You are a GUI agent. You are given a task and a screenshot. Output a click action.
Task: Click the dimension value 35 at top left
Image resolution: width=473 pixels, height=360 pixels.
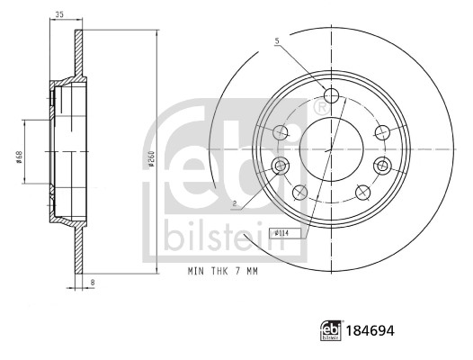tap(59, 14)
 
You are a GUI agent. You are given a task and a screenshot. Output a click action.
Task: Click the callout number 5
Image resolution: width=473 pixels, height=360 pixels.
tap(277, 40)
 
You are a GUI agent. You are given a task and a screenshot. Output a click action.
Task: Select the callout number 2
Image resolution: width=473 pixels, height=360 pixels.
tap(234, 204)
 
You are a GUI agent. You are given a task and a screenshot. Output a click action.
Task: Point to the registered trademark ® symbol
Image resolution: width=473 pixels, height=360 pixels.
tap(319, 107)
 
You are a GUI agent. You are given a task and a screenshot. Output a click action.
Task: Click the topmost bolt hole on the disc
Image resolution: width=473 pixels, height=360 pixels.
tap(330, 96)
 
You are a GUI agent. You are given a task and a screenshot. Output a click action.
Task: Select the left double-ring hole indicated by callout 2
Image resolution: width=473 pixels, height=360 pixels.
tap(280, 166)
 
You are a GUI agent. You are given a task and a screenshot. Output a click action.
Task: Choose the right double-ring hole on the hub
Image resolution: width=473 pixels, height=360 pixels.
tap(382, 166)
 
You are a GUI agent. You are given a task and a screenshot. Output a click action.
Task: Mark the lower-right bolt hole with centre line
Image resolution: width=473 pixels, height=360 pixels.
tap(362, 191)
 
